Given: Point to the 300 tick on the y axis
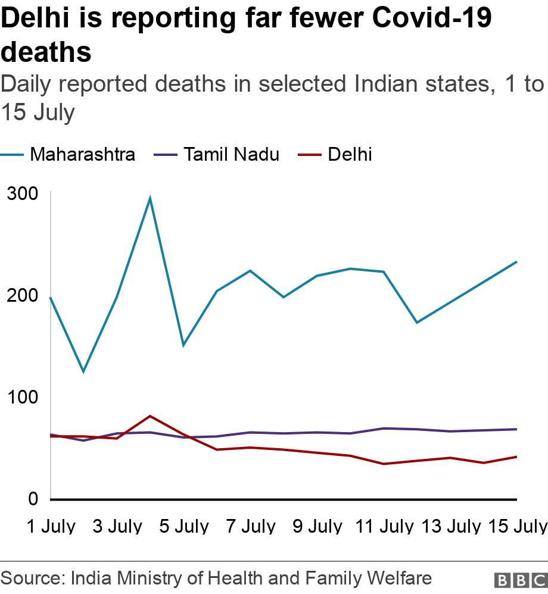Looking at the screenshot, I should [x=23, y=194].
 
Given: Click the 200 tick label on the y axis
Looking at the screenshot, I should [x=23, y=296].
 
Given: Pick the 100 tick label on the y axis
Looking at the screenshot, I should [x=23, y=397].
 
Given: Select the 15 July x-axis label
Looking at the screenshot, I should [x=516, y=526].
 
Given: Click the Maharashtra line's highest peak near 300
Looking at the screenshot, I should [x=150, y=198].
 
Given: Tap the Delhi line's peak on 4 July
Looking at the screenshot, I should [x=150, y=416].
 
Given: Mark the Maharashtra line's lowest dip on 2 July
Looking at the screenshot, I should [x=83, y=372].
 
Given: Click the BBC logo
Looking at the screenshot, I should [x=520, y=579].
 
